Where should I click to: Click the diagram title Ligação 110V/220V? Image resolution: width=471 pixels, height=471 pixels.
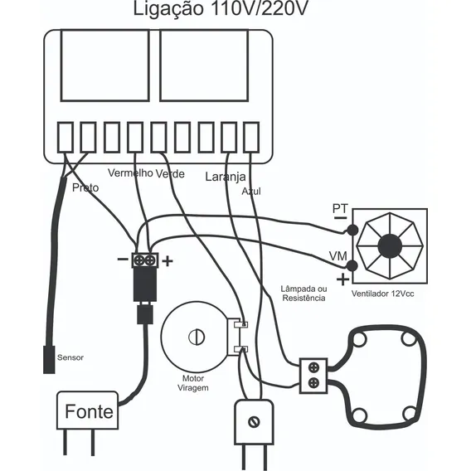pos(221,9)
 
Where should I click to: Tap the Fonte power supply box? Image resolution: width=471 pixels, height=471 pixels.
pos(87,410)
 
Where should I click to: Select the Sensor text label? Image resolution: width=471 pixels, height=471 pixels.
pos(70,357)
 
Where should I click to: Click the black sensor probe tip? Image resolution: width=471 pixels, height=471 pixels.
pos(49,360)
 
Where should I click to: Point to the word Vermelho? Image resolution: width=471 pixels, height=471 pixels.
pos(130,173)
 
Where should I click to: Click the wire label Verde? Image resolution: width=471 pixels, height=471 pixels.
pos(170,173)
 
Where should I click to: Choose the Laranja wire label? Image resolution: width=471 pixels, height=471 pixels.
pos(226,177)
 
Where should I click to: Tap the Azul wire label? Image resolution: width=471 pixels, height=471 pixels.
pos(251,192)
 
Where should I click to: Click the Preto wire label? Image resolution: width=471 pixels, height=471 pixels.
pos(85,187)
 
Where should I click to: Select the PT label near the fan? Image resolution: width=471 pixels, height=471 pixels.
pos(340,208)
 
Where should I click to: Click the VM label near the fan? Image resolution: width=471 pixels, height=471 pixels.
pos(338,256)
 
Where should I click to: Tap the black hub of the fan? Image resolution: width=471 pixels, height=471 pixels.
pos(390,246)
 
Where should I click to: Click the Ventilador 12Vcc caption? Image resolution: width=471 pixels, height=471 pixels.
pos(383,294)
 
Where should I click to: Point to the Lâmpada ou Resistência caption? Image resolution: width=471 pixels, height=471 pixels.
pos(303,294)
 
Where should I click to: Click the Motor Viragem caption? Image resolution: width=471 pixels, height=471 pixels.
pos(193,383)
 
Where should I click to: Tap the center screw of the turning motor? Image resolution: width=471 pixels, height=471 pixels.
pos(197,337)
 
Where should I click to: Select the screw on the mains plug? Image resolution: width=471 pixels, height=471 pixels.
pos(254,422)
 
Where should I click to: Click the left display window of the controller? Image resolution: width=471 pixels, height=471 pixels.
pos(105,66)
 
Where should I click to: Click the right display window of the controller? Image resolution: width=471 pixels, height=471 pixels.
pos(204,66)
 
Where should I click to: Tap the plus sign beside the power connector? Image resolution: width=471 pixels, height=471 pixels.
pos(168,261)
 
